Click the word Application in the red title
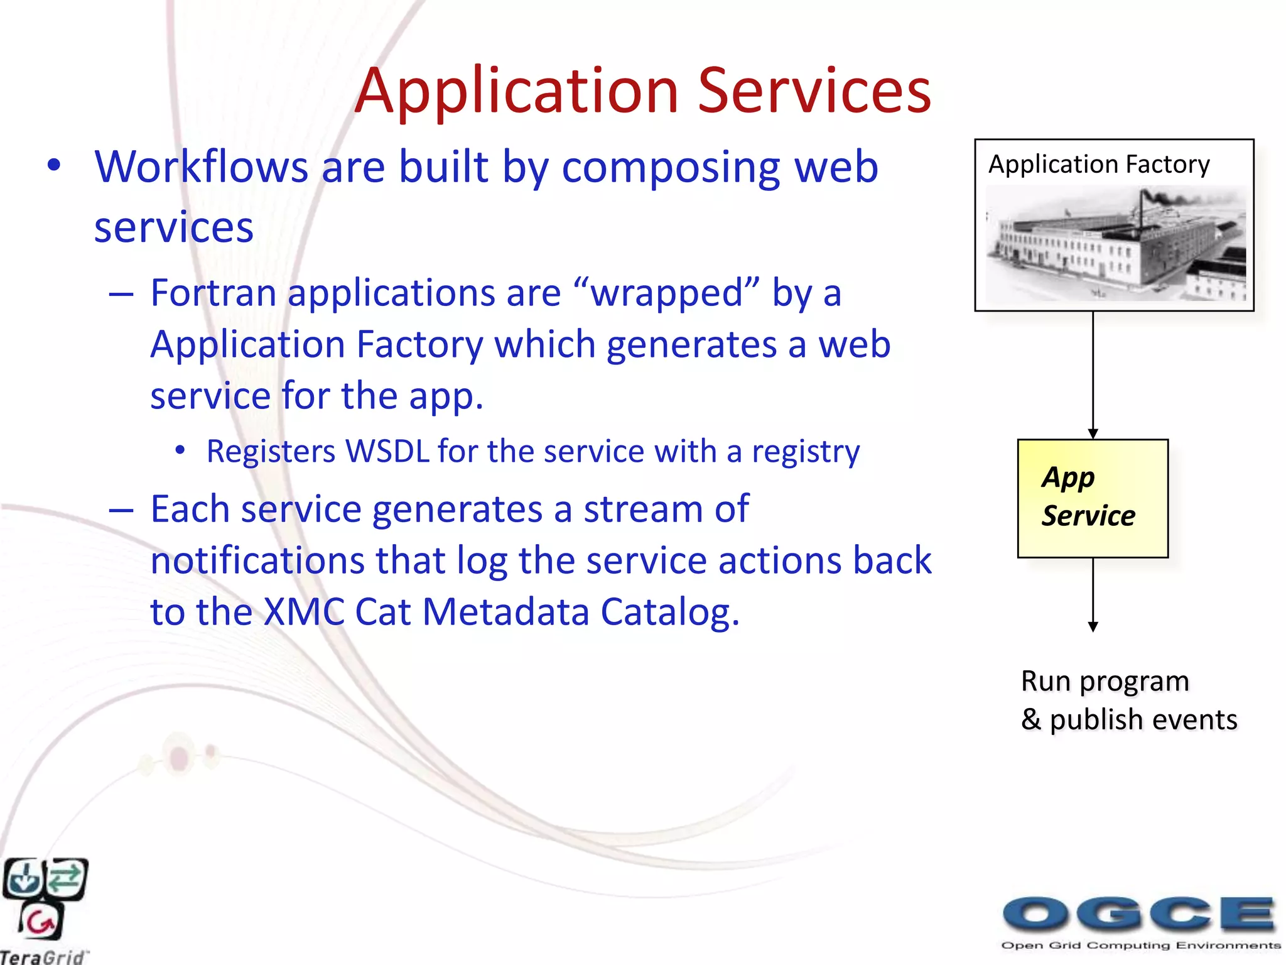[x=516, y=92]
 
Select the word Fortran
[x=213, y=293]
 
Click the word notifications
[x=257, y=560]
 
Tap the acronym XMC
[x=304, y=612]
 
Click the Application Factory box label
[x=1098, y=165]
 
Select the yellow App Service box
[x=1093, y=498]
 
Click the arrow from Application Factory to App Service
[x=1093, y=374]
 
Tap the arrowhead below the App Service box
[x=1093, y=626]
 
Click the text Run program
[x=1105, y=682]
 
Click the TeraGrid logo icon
[x=44, y=898]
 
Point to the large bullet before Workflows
[x=55, y=166]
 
